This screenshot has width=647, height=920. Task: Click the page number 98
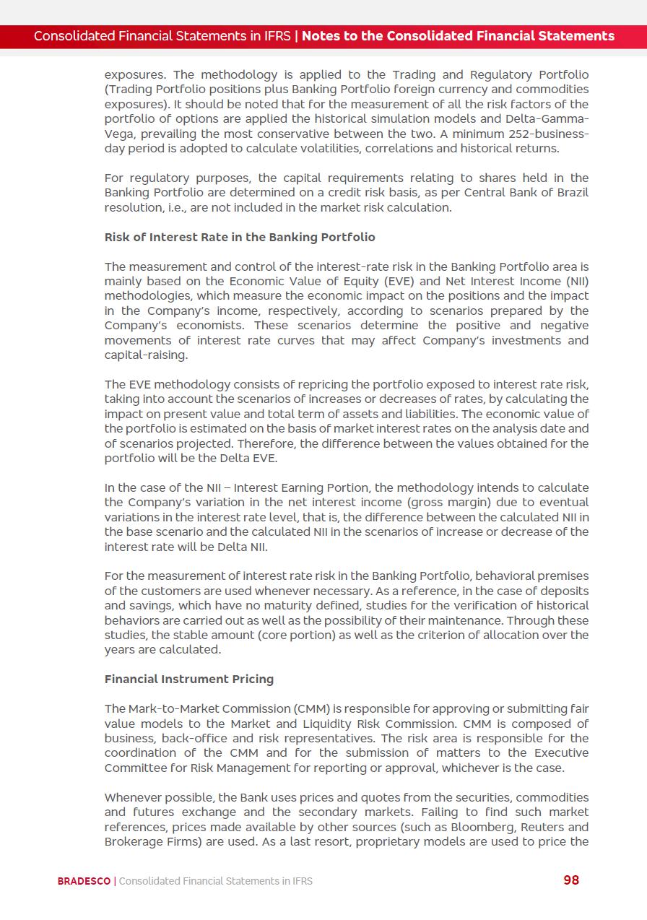click(571, 880)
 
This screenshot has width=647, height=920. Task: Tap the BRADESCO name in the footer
click(84, 881)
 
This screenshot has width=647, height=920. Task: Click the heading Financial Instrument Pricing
click(189, 679)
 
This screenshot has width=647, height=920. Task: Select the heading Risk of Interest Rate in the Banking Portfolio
click(240, 237)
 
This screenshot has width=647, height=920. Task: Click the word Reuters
click(530, 827)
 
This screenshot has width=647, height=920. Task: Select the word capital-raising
click(146, 355)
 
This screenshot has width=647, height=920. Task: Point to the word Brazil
click(572, 193)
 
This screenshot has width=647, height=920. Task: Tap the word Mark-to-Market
click(172, 708)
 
